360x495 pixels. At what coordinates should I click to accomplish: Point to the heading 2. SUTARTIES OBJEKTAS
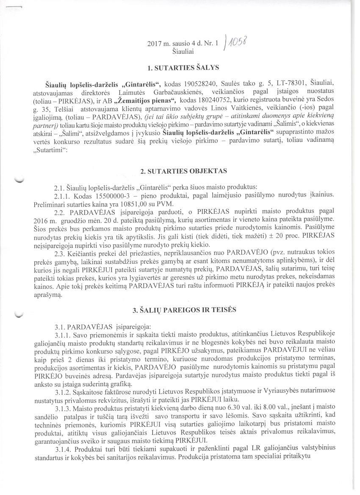(183, 171)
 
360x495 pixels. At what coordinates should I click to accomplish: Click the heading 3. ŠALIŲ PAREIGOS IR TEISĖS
(183, 310)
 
